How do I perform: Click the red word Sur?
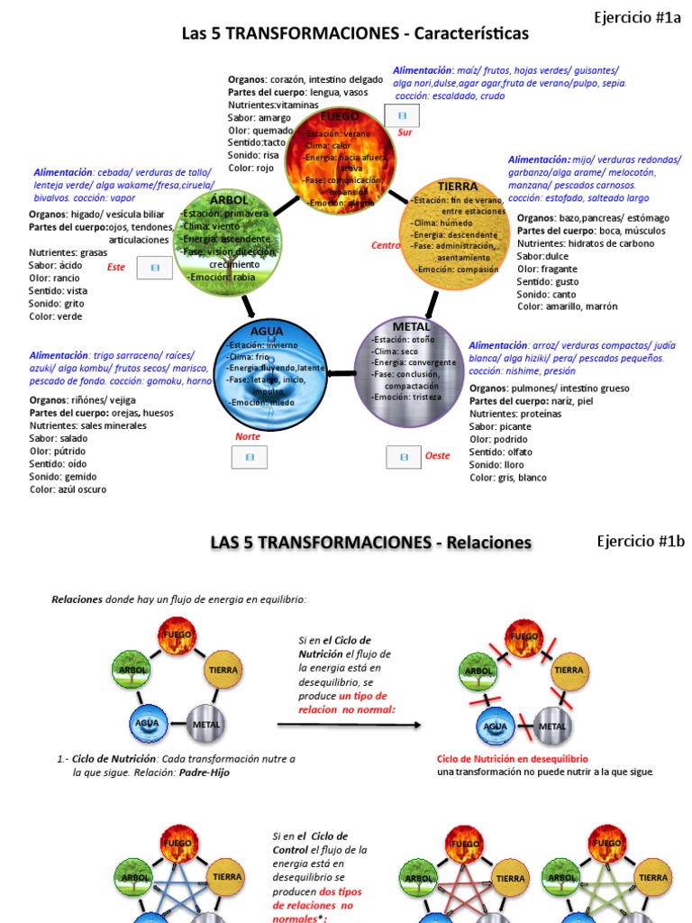(405, 133)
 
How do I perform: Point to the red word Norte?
(248, 436)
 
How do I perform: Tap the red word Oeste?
(438, 456)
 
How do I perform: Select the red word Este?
(116, 267)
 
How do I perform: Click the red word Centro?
(386, 245)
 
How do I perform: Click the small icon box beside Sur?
(402, 115)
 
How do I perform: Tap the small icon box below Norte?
(250, 457)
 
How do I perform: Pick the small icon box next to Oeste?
(404, 457)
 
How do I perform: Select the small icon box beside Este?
(154, 268)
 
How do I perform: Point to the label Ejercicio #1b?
(641, 541)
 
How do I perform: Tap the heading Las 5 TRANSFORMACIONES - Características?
(355, 34)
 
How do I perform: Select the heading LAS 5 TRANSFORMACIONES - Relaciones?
(370, 543)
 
